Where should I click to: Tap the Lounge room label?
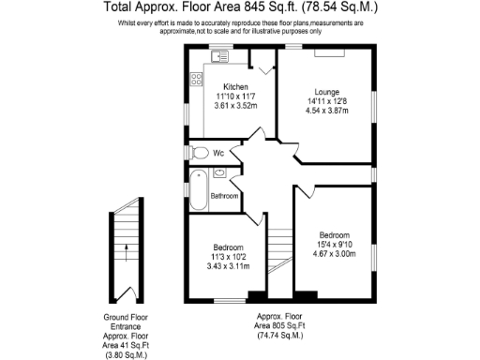coord(326,91)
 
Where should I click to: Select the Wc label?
coord(217,152)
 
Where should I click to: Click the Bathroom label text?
coord(224,196)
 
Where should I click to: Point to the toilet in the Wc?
coord(199,152)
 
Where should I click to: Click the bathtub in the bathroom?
coord(198,191)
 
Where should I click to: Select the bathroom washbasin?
coord(218,172)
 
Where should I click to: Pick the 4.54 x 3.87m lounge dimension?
coord(326,111)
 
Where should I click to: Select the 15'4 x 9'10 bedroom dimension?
coord(334,244)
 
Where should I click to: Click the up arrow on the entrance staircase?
coord(125,248)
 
